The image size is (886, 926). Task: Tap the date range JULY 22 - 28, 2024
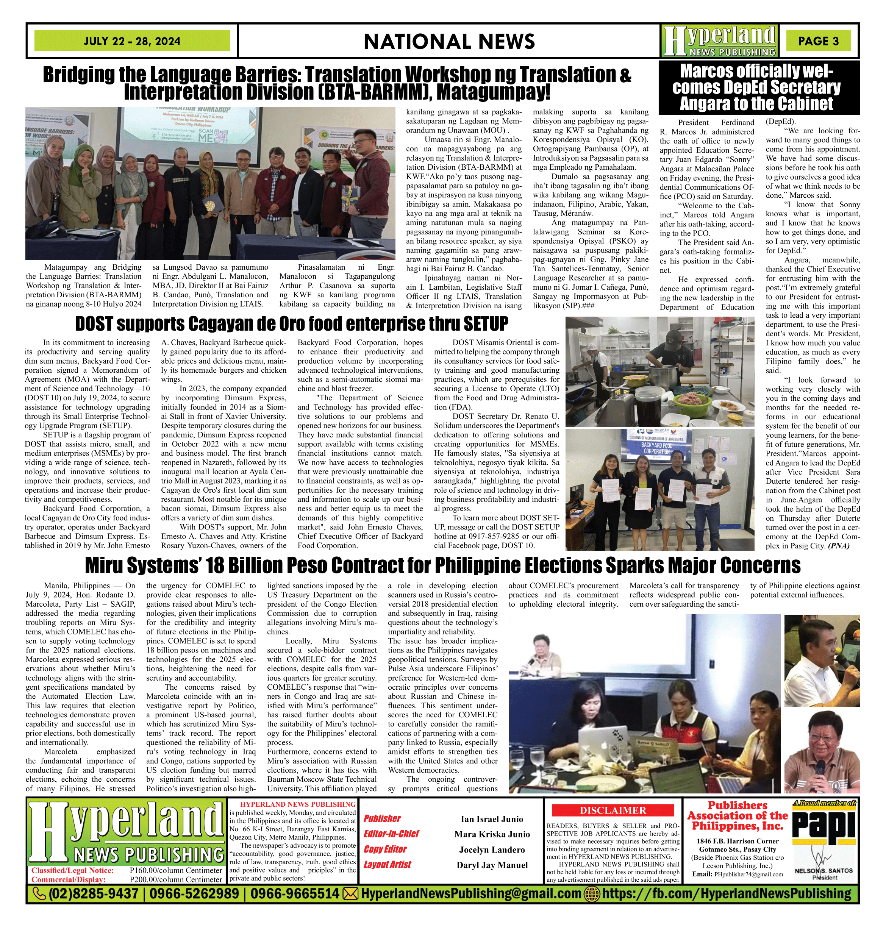coord(132,41)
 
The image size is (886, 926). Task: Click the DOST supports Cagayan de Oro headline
coord(291,324)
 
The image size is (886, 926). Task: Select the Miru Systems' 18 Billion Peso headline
coord(442,565)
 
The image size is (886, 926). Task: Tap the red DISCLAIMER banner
coord(613,811)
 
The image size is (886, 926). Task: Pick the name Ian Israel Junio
coord(492,819)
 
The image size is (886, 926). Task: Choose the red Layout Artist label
coord(387,865)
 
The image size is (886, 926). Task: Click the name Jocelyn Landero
coord(492,849)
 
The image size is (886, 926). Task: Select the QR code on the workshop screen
coord(224,136)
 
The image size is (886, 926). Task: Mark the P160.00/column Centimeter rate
coord(176,870)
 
